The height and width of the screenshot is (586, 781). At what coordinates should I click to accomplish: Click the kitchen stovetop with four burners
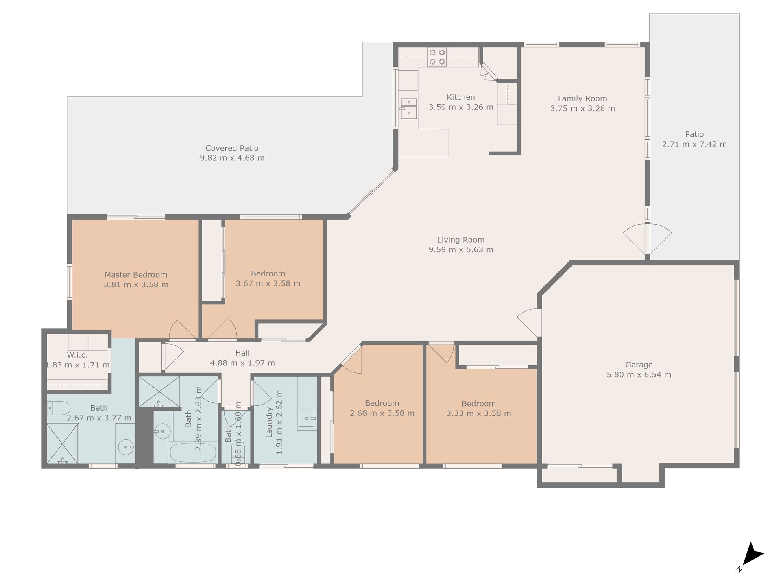pyautogui.click(x=437, y=57)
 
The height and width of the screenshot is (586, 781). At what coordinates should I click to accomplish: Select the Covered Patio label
pyautogui.click(x=232, y=148)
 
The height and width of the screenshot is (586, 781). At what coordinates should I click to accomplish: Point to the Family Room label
pyautogui.click(x=582, y=98)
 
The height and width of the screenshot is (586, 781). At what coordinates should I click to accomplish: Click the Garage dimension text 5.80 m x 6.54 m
pyautogui.click(x=639, y=375)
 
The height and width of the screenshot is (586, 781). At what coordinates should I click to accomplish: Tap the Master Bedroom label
pyautogui.click(x=136, y=275)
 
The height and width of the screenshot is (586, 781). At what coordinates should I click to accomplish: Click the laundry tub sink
pyautogui.click(x=307, y=418)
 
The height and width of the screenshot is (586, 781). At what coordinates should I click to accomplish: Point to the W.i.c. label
pyautogui.click(x=77, y=355)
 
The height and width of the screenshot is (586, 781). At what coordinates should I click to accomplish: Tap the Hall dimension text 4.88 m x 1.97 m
pyautogui.click(x=242, y=363)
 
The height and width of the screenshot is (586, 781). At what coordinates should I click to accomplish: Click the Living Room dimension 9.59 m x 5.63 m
pyautogui.click(x=461, y=250)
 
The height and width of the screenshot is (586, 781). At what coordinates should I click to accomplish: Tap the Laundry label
pyautogui.click(x=269, y=422)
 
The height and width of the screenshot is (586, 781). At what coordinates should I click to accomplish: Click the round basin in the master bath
pyautogui.click(x=126, y=447)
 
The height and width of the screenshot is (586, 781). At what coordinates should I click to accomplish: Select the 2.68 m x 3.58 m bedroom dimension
pyautogui.click(x=382, y=413)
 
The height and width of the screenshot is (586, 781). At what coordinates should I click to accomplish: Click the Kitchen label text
pyautogui.click(x=461, y=97)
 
